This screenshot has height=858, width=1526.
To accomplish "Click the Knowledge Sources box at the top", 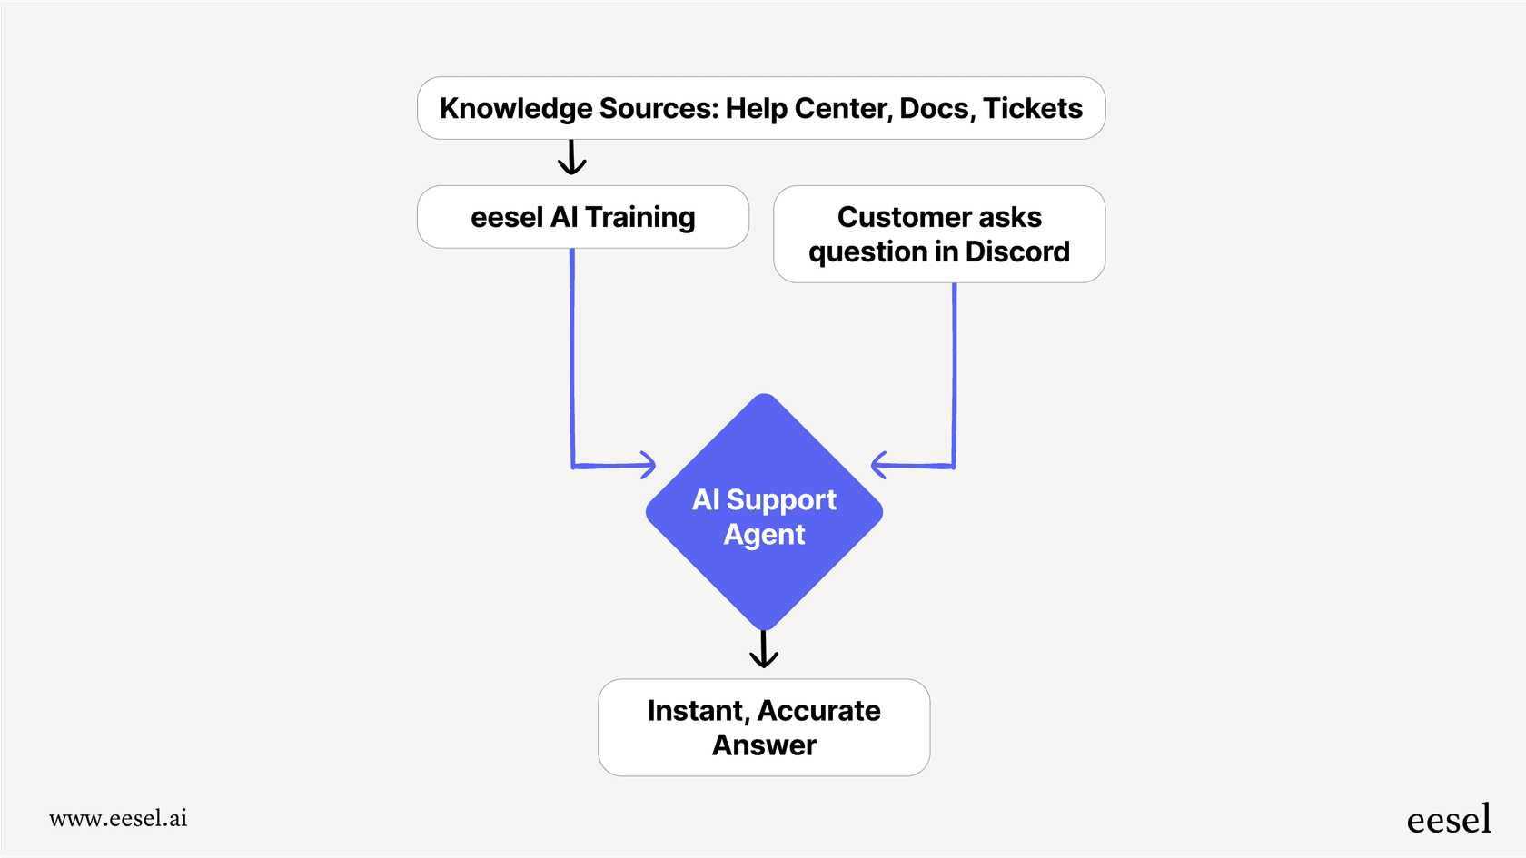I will (761, 108).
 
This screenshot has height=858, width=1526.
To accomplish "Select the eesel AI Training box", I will (583, 217).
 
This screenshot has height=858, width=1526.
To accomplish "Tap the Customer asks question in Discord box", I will (939, 234).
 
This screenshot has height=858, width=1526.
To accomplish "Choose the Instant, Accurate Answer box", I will (764, 727).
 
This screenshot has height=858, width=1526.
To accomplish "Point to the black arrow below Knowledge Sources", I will (571, 158).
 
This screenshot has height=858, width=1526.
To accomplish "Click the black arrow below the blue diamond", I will (764, 650).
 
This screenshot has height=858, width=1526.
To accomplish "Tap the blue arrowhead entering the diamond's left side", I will (647, 465).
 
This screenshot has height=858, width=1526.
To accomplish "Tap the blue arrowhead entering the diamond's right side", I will (879, 465).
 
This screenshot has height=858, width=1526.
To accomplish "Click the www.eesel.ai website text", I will (118, 818).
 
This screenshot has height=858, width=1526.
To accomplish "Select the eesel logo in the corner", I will (1448, 819).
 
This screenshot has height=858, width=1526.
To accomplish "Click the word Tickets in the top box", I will (1033, 108).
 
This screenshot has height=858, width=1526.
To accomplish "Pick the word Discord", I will (1017, 251).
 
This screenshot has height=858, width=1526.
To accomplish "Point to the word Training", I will (639, 218).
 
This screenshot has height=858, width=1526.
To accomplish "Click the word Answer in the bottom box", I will (764, 745).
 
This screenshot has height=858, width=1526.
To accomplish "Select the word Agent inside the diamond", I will (764, 535).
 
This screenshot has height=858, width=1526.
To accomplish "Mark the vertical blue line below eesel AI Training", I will (572, 354).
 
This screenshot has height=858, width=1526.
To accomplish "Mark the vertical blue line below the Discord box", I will (954, 372).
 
